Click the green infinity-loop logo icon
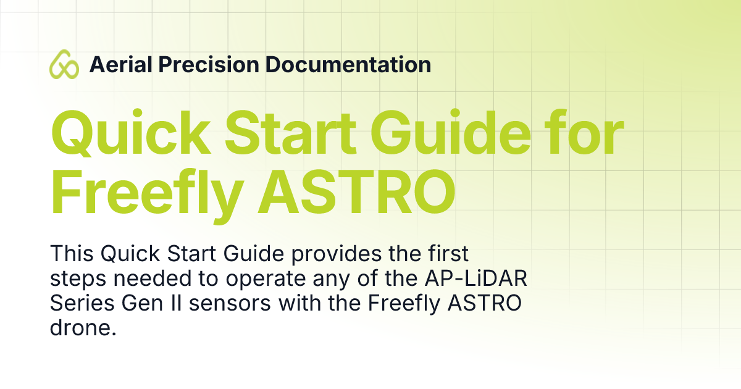(64, 64)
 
